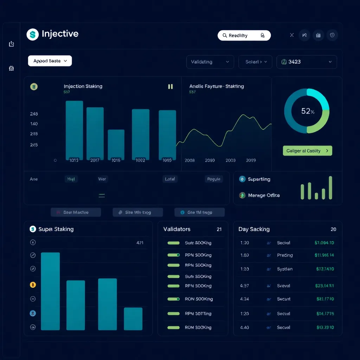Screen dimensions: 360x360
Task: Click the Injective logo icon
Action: click(33, 34)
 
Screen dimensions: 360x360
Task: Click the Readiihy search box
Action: click(244, 36)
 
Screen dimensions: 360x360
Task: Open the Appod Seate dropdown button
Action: click(50, 61)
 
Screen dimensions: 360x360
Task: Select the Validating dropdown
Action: click(210, 62)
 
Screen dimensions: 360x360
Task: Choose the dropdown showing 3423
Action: click(307, 62)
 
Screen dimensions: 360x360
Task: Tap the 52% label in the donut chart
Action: click(307, 111)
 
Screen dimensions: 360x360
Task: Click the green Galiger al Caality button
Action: click(307, 151)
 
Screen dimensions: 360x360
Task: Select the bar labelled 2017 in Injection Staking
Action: click(95, 134)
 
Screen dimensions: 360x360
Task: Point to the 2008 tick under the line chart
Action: click(189, 160)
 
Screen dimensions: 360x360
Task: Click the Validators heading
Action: click(177, 229)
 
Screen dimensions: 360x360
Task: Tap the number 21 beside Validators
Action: click(219, 229)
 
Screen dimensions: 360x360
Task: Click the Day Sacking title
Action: click(254, 229)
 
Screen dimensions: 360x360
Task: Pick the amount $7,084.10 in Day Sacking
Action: click(324, 243)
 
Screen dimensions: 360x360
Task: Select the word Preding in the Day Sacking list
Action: click(285, 255)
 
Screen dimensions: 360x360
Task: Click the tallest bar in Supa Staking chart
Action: click(50, 291)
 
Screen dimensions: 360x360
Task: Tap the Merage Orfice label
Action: click(264, 195)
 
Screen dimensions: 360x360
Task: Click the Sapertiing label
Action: click(259, 179)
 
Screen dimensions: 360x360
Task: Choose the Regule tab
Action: click(214, 179)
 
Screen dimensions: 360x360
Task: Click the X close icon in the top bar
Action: click(292, 35)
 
